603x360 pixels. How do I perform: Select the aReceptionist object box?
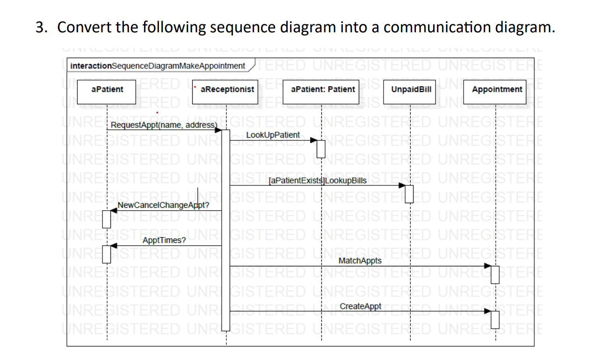click(x=226, y=89)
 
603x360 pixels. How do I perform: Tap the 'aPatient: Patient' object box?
click(x=322, y=89)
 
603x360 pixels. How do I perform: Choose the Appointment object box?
click(x=496, y=89)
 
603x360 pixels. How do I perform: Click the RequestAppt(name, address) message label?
click(x=164, y=125)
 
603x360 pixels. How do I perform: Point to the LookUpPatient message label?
click(x=273, y=135)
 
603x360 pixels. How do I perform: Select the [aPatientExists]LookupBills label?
click(x=318, y=180)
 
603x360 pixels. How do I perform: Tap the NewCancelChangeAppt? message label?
click(x=163, y=205)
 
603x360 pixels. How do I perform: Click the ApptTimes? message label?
click(x=164, y=240)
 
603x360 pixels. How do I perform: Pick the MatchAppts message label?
click(x=359, y=261)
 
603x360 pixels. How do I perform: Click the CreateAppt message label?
click(x=360, y=307)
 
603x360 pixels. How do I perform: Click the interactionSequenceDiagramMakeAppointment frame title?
click(x=157, y=66)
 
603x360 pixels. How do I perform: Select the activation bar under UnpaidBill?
click(x=409, y=193)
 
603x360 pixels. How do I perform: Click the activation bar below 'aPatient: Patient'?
click(x=321, y=148)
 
